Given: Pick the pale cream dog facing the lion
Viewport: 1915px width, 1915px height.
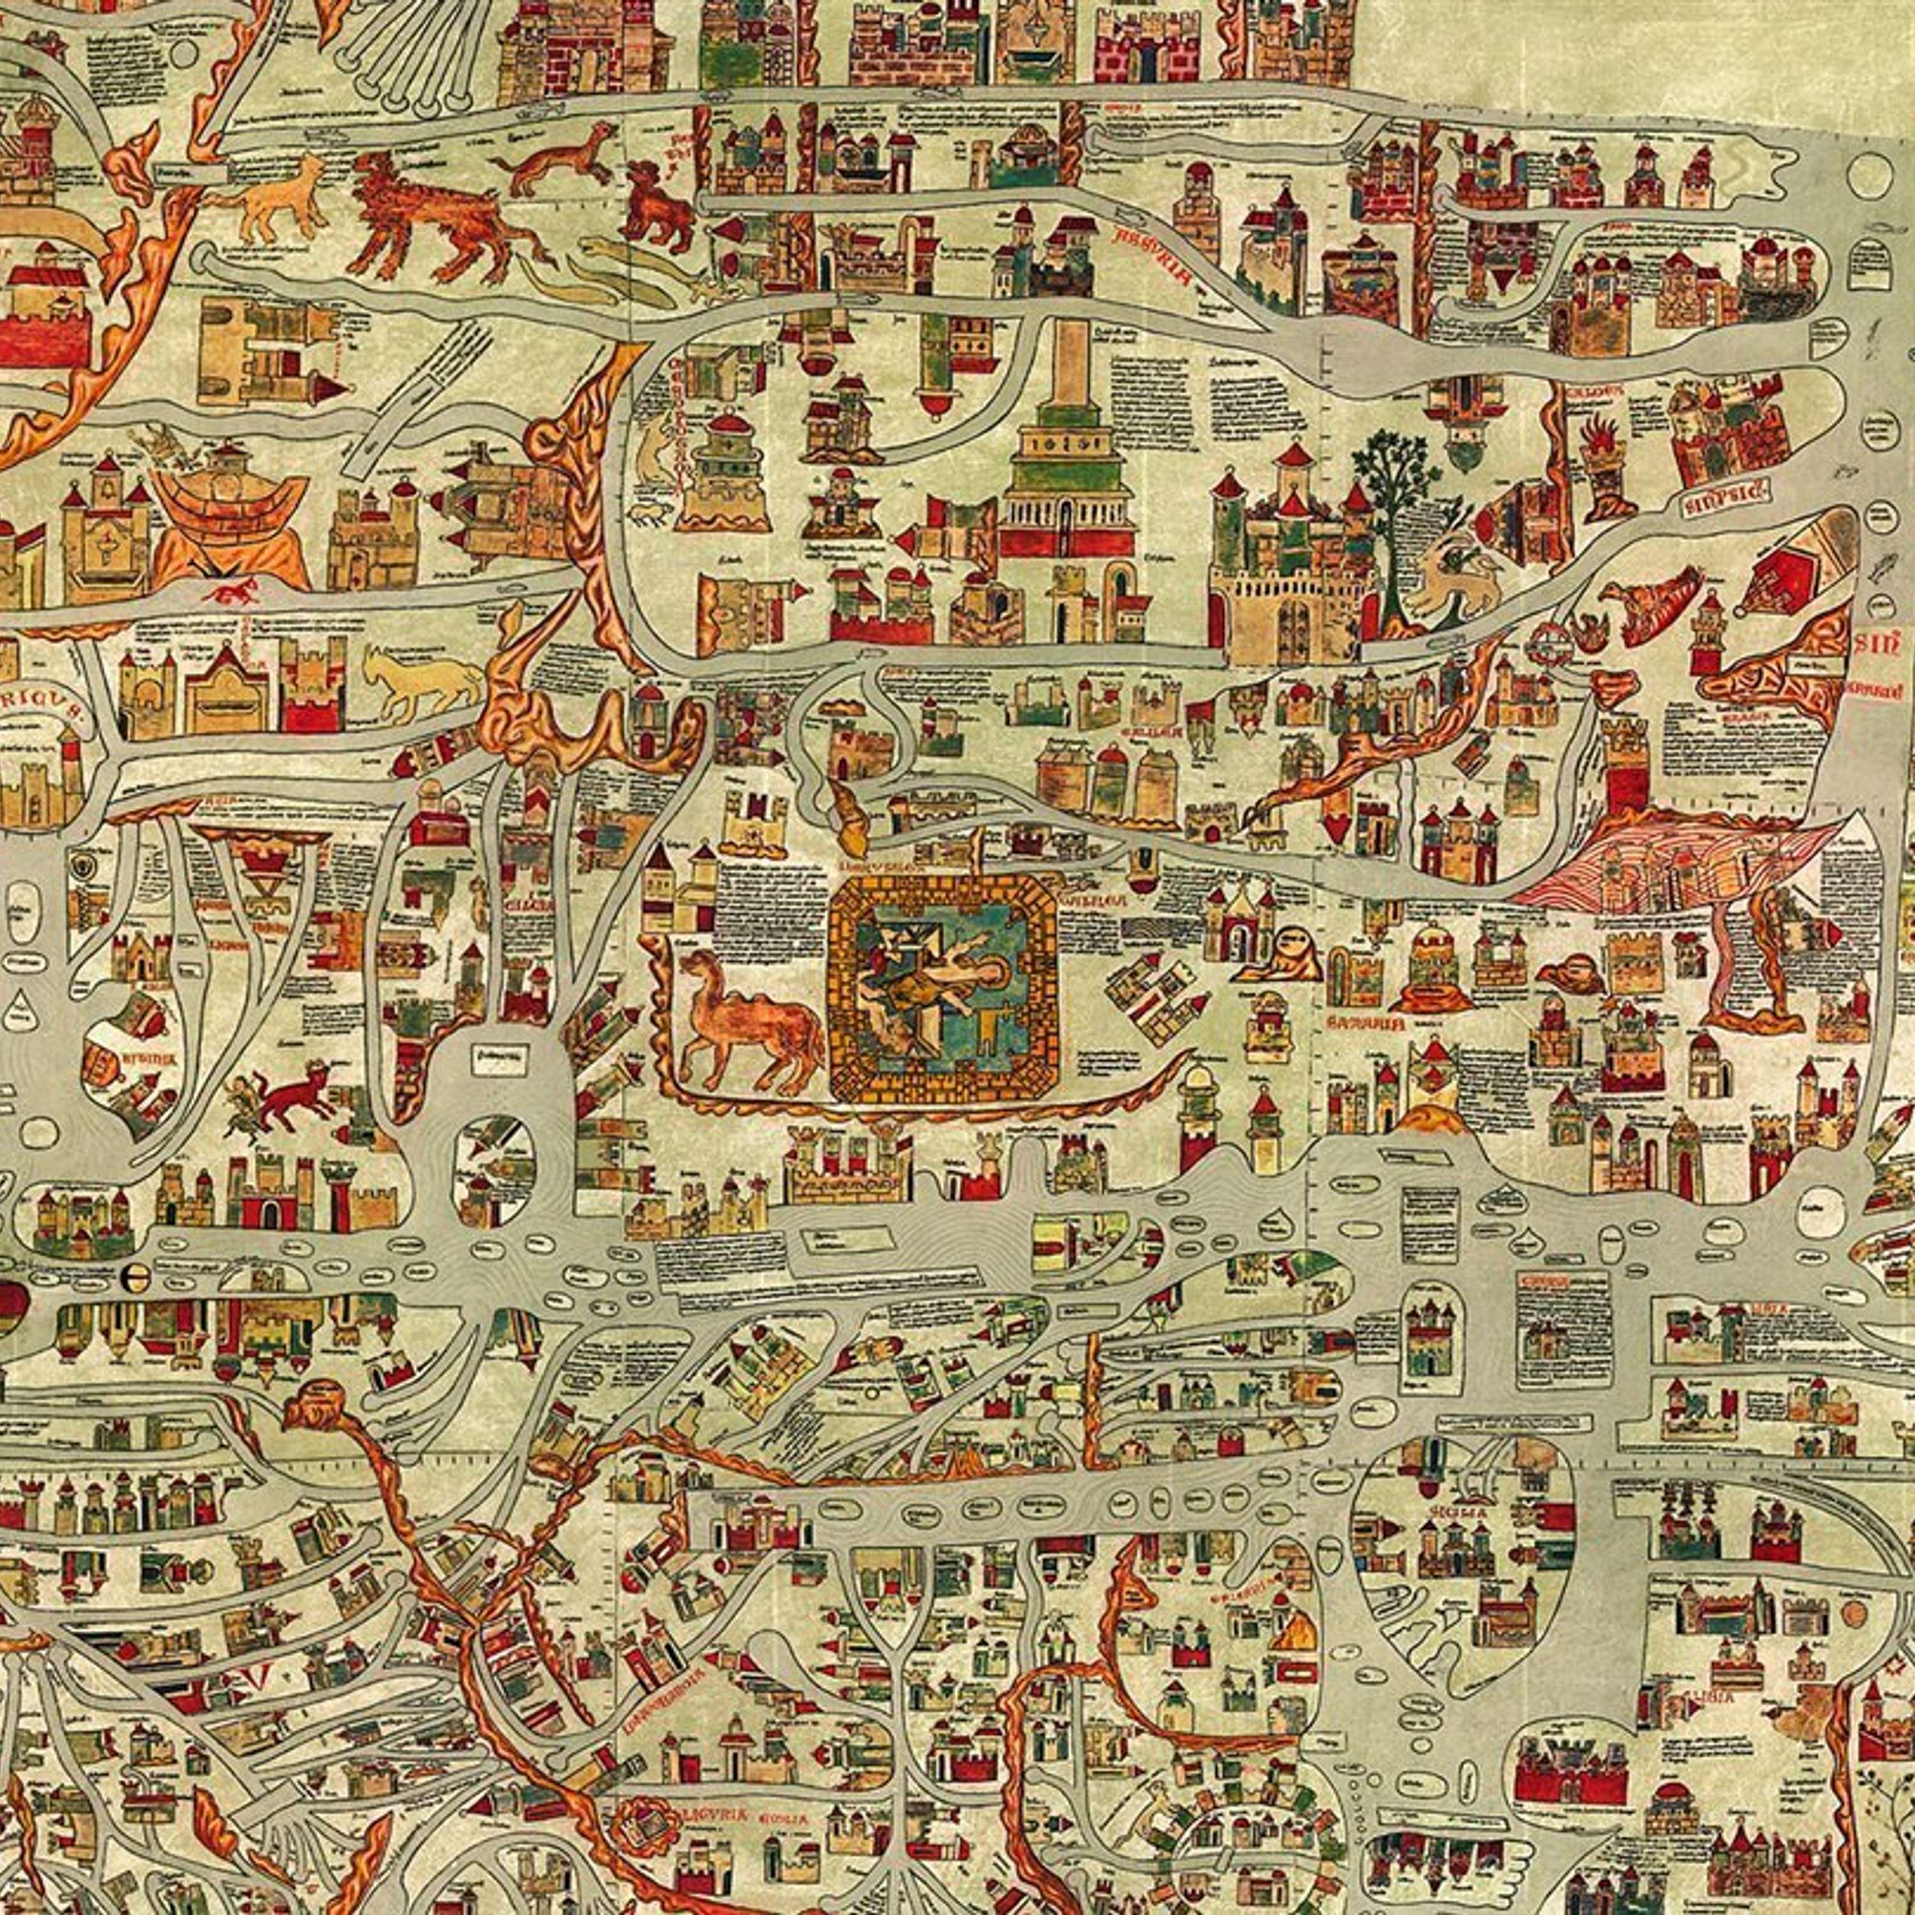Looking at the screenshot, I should (x=278, y=203).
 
